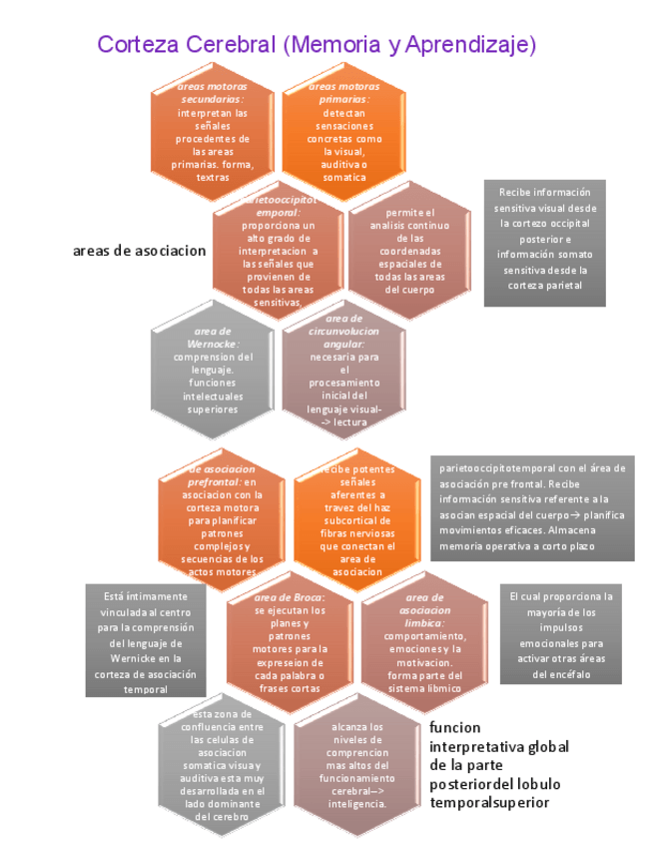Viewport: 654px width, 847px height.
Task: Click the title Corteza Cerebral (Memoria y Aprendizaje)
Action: [x=317, y=44]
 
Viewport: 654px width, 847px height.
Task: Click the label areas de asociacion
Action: [x=140, y=250]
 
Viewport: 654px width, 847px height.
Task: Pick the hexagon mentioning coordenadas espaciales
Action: [x=408, y=251]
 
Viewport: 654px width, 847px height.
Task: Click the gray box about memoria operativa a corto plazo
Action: [x=533, y=509]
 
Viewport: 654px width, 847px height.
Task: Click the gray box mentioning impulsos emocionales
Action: [x=561, y=635]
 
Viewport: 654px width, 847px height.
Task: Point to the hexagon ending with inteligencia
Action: [x=356, y=765]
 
